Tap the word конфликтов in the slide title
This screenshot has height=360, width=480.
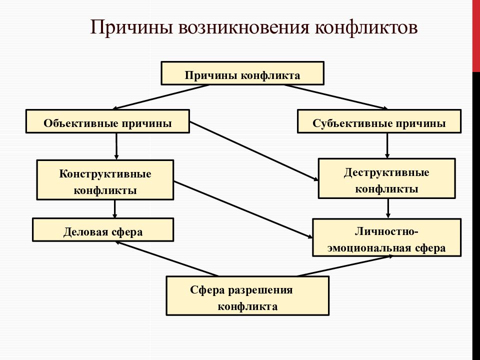[x=366, y=27]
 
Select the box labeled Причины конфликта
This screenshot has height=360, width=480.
[x=242, y=73]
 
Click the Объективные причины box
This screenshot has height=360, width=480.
[x=108, y=121]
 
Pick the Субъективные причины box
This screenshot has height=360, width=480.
[x=379, y=121]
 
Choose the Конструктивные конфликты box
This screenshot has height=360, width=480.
[x=105, y=179]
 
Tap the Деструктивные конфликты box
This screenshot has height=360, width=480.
[x=387, y=178]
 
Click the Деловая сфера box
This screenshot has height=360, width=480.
[x=103, y=229]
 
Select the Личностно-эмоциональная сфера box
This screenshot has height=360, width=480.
[x=387, y=237]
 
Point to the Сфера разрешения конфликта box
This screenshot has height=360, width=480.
[x=247, y=295]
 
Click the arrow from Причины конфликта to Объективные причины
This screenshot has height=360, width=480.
[x=161, y=97]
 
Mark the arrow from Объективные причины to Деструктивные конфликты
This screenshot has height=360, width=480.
[x=254, y=151]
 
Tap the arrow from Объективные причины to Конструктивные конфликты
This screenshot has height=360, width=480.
[x=116, y=146]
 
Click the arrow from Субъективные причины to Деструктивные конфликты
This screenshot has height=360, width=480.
[x=387, y=145]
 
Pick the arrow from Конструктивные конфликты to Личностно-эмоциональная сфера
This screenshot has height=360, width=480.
[x=243, y=209]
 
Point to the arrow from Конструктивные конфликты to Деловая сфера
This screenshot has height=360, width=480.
[x=115, y=209]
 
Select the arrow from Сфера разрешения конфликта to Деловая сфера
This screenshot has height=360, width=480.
[x=166, y=258]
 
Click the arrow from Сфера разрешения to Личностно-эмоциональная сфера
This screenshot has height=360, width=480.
[x=345, y=266]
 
